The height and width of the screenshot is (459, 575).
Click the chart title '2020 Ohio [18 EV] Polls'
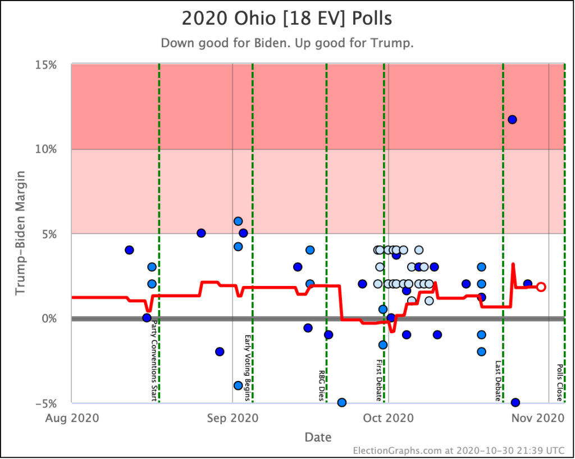[x=287, y=18]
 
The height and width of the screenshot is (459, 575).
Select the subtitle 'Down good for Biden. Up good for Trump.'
[x=287, y=43]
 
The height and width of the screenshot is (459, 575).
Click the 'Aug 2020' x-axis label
[x=71, y=418]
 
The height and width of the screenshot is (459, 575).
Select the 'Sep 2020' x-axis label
[x=232, y=418]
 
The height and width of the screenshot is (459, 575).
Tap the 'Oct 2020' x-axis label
[x=389, y=418]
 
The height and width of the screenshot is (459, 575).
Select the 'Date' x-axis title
[x=318, y=437]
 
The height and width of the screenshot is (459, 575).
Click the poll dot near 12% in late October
[x=512, y=119]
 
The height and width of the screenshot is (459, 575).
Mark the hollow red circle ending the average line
[x=541, y=287]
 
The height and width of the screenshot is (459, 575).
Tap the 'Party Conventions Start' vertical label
[x=154, y=360]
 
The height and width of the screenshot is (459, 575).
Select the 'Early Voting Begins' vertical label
[x=247, y=368]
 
